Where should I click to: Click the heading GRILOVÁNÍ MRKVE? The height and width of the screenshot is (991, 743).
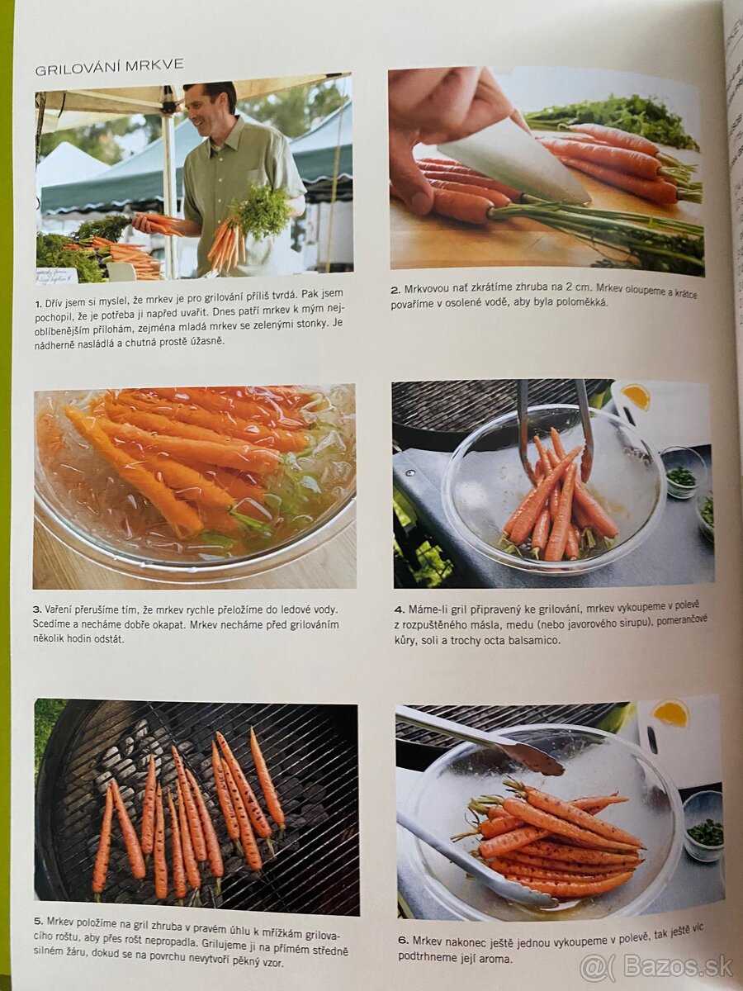[109, 68]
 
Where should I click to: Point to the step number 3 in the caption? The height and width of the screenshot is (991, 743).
[38, 610]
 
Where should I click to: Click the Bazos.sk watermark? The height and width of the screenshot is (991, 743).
[656, 965]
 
